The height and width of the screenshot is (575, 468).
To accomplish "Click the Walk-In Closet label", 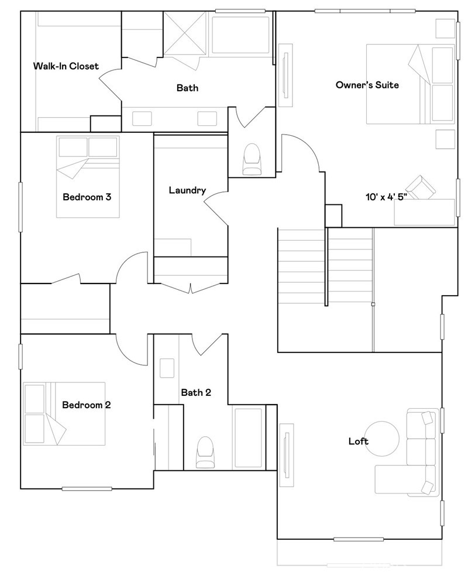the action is tap(66, 66).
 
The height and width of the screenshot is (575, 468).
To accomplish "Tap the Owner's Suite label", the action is tap(367, 85).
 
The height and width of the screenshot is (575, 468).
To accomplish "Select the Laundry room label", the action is tap(187, 190).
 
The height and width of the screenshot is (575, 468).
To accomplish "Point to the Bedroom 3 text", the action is tap(87, 197).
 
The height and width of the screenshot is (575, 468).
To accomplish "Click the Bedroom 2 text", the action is tap(86, 405).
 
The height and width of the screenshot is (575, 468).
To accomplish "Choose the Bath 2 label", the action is tap(196, 392).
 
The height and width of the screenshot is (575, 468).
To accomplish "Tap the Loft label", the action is tap(359, 441).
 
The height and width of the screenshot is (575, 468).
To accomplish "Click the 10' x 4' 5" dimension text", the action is tap(387, 197).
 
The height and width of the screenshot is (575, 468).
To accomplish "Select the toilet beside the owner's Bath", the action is tap(252, 159).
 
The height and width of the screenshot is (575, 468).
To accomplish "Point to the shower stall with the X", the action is tap(185, 34).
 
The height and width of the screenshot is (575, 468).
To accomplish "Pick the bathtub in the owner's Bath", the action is tap(240, 35).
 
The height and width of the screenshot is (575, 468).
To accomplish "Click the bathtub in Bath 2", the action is tap(248, 438).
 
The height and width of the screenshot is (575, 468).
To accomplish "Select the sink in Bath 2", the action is tap(167, 368).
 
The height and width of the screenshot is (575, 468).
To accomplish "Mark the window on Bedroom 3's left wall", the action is tap(20, 207).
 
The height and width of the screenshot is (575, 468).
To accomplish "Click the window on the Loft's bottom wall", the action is tap(359, 539).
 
